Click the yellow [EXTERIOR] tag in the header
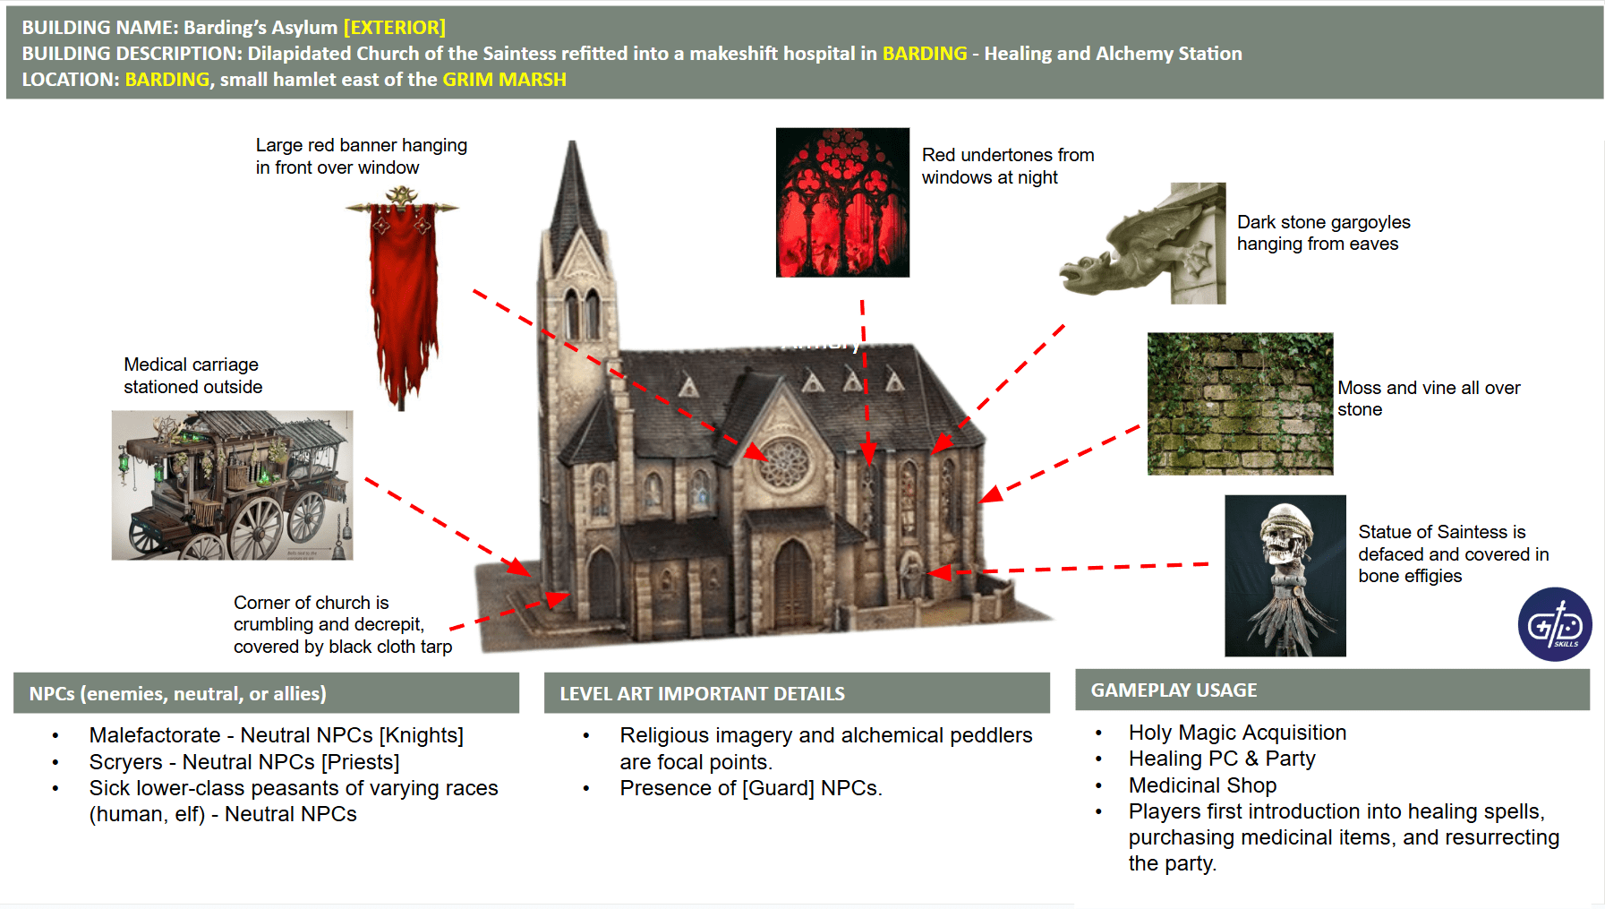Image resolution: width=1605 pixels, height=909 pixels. (394, 28)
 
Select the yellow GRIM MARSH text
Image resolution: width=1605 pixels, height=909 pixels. (504, 80)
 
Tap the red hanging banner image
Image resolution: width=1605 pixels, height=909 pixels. (403, 296)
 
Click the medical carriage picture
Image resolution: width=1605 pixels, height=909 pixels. (232, 485)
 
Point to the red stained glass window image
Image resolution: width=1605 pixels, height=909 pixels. (842, 202)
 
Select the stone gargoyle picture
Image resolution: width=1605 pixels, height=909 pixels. (1143, 244)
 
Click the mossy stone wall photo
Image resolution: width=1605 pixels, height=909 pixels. (1240, 404)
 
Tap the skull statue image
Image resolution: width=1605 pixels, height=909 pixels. (1285, 576)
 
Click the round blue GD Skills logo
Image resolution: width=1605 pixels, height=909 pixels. (1555, 624)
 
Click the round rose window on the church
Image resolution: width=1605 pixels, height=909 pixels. (785, 464)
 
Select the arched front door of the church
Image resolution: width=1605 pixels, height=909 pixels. (792, 582)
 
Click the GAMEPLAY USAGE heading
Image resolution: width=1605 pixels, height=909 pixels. (1174, 690)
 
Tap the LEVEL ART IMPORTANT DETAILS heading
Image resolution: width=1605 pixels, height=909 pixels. (702, 694)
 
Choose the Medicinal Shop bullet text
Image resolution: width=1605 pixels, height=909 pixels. (1202, 785)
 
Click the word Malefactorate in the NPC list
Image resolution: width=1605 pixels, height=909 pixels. (154, 735)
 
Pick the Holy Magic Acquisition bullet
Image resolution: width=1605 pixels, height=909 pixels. (1237, 733)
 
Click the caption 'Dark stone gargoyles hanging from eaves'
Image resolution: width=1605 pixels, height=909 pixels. (1322, 233)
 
